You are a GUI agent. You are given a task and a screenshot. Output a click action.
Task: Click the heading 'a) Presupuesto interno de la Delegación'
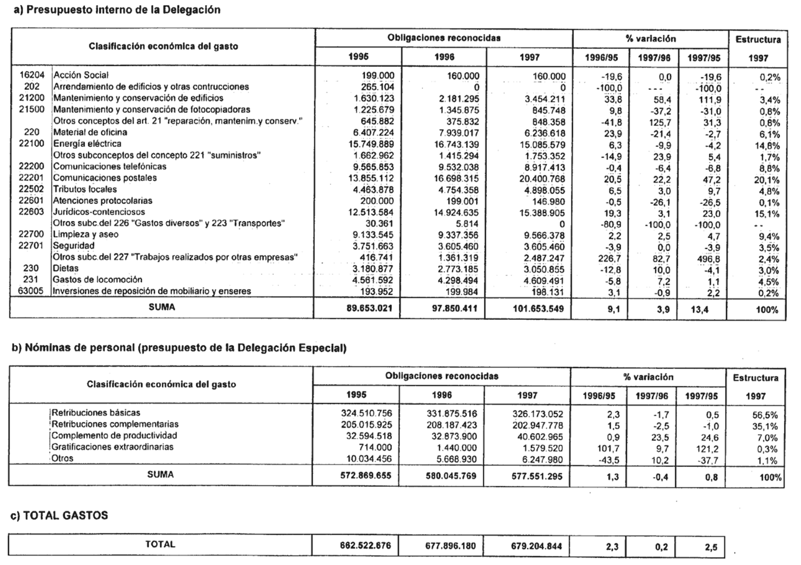point(117,10)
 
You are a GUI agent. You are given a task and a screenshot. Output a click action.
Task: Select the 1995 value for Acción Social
point(378,76)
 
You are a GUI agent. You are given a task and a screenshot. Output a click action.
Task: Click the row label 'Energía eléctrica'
point(87,144)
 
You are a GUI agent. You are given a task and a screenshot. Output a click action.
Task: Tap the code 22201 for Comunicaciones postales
point(32,178)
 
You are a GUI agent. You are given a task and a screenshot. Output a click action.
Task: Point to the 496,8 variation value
point(708,258)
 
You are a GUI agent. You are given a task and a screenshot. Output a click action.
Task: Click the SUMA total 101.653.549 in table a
point(538,309)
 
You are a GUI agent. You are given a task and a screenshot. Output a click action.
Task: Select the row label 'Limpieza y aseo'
point(86,234)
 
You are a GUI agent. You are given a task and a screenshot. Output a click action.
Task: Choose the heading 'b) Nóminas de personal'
point(179,348)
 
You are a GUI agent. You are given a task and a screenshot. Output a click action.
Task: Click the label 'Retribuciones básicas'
point(96,413)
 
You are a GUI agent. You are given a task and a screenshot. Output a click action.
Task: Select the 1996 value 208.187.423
point(451,425)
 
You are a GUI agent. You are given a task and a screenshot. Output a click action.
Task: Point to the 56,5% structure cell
point(765,415)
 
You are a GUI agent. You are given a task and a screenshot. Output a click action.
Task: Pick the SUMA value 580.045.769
point(451,476)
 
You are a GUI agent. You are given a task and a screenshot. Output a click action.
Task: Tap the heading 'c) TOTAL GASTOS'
point(59,515)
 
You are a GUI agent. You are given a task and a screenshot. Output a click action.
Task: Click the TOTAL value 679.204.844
point(536,546)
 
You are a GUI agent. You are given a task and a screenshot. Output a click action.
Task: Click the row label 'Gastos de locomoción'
point(98,280)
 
